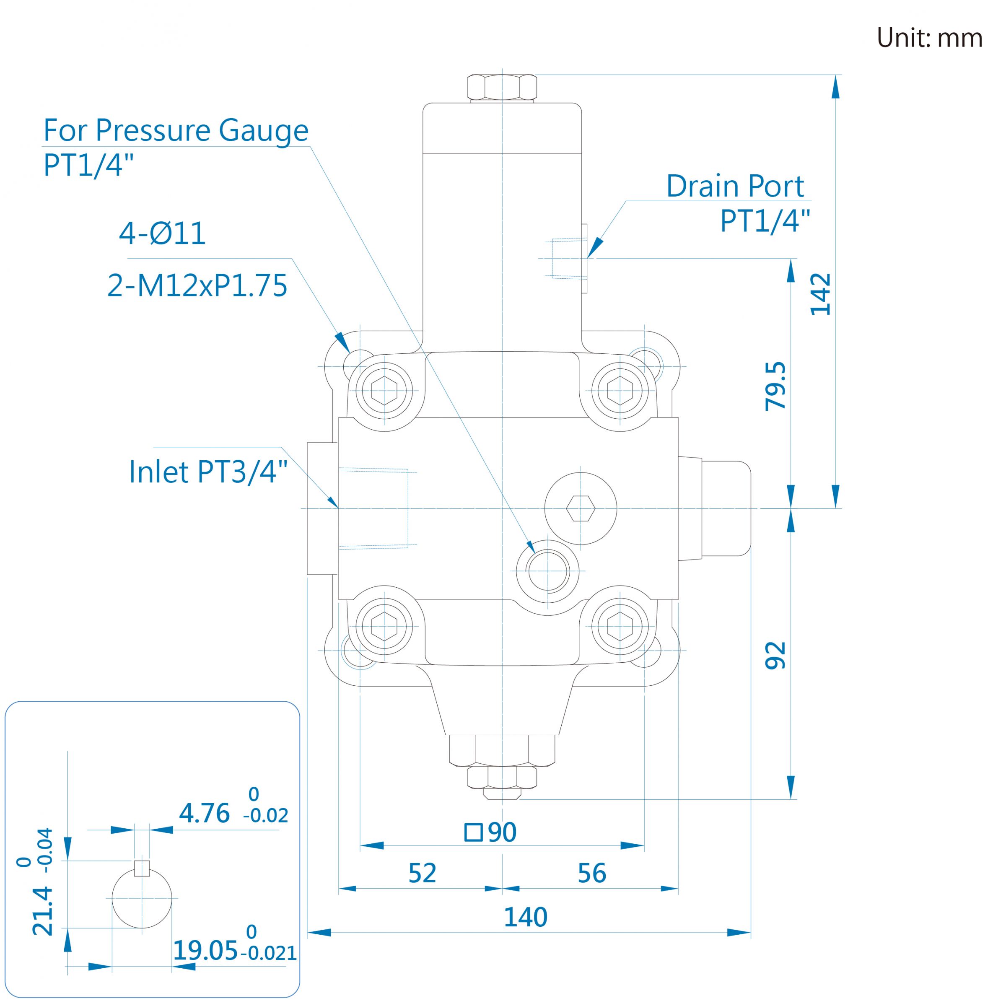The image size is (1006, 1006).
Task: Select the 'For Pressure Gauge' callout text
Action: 176,130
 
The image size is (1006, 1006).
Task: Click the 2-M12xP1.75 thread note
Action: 197,285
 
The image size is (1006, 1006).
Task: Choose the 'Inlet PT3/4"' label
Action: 208,472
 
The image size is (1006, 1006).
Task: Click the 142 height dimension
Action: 821,294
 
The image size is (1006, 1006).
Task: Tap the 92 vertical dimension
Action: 775,655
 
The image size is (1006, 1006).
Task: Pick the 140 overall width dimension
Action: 525,917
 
